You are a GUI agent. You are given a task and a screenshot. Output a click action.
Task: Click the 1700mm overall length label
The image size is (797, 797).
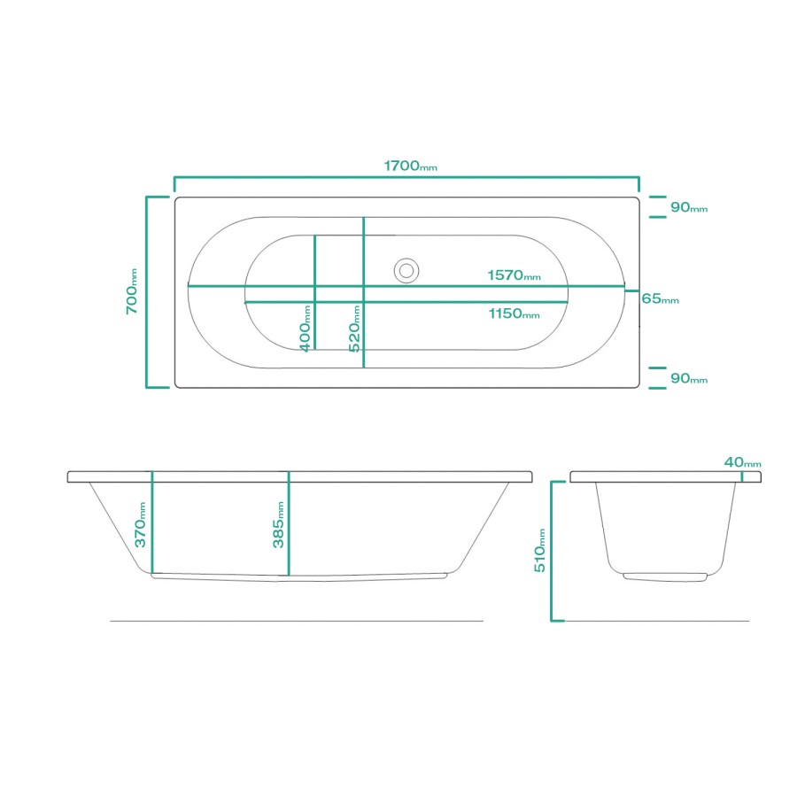(410, 166)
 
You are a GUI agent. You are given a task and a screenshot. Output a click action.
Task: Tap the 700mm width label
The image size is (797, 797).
(131, 292)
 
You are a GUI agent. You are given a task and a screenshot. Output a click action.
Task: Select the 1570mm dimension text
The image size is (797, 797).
(513, 275)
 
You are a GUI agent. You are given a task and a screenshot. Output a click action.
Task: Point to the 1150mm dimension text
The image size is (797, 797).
(513, 313)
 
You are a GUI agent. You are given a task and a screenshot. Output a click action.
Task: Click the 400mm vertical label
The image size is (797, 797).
(305, 329)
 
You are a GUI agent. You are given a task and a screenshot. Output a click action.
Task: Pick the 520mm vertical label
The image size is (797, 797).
(354, 329)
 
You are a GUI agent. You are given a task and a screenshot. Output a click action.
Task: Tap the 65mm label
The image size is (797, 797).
(660, 299)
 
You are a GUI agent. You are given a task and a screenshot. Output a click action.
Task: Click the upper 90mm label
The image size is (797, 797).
(688, 207)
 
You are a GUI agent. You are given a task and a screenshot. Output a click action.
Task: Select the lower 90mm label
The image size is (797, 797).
(688, 379)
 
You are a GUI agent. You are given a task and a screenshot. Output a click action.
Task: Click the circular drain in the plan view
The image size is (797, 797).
(407, 269)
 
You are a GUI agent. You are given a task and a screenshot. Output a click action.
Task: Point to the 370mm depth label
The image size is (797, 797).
(140, 524)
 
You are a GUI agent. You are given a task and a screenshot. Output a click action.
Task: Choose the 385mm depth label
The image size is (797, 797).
(278, 524)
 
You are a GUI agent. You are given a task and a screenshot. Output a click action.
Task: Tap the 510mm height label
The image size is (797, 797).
(539, 550)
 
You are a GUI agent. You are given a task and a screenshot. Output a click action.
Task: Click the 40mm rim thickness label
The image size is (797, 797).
(742, 462)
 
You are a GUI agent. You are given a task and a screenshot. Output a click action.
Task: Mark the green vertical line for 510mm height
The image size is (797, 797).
(552, 550)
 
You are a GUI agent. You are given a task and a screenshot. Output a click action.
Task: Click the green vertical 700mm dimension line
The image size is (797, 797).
(147, 292)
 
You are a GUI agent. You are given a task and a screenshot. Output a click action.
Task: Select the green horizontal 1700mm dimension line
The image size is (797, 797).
(406, 177)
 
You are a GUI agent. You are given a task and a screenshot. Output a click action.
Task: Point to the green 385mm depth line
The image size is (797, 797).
(289, 526)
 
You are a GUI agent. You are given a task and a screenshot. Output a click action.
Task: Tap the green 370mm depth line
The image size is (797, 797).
(152, 522)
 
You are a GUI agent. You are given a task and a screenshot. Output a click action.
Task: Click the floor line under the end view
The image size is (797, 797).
(655, 621)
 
